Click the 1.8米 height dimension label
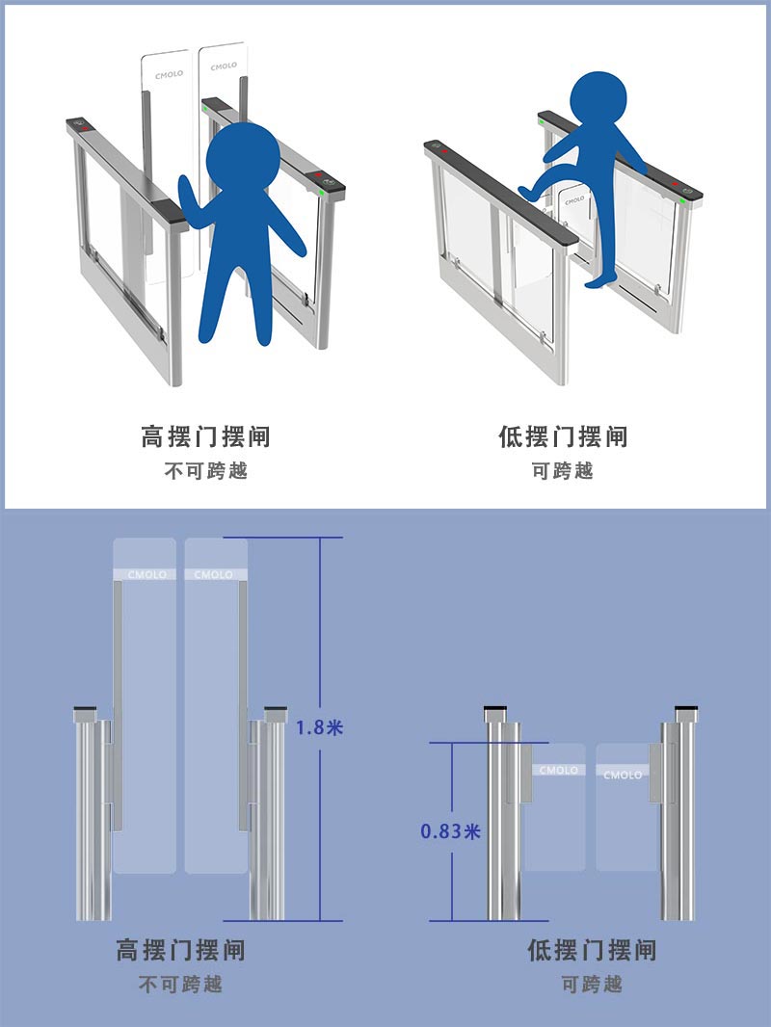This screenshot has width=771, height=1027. [x=319, y=727]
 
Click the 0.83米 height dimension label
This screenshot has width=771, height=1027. [x=450, y=831]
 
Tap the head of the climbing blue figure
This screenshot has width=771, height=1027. [x=598, y=99]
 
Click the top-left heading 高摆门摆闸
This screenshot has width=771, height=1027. [x=205, y=436]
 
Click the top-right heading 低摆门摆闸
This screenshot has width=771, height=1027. [x=563, y=436]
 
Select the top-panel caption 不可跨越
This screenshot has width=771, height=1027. [x=205, y=471]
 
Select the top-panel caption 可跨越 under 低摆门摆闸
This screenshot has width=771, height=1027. [x=563, y=471]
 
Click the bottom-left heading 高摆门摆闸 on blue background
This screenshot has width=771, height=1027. [x=181, y=950]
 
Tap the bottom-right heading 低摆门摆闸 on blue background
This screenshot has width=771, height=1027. [x=592, y=950]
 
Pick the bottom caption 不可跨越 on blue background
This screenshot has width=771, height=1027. [x=181, y=984]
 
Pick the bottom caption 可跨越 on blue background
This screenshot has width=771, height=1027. [x=592, y=984]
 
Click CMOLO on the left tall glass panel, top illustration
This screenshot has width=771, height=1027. [x=169, y=75]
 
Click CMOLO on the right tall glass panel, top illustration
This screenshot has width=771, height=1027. [x=224, y=66]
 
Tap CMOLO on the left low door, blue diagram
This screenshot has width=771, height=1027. [x=559, y=771]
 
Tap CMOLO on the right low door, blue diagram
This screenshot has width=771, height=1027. [x=623, y=775]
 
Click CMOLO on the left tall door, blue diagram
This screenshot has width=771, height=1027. [x=146, y=574]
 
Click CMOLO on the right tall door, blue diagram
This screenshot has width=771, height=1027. [x=214, y=574]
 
